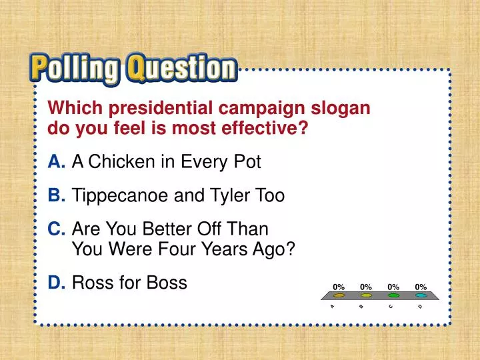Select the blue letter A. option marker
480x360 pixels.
tap(57, 161)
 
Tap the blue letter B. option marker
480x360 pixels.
tap(57, 196)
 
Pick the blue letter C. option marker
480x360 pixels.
tap(57, 229)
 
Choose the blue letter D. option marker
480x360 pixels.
tap(57, 283)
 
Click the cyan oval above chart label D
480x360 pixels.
tap(421, 295)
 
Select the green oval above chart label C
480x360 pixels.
tap(393, 295)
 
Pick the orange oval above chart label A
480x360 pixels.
tap(339, 295)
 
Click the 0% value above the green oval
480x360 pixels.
tap(393, 287)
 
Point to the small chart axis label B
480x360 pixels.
tap(360, 307)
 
